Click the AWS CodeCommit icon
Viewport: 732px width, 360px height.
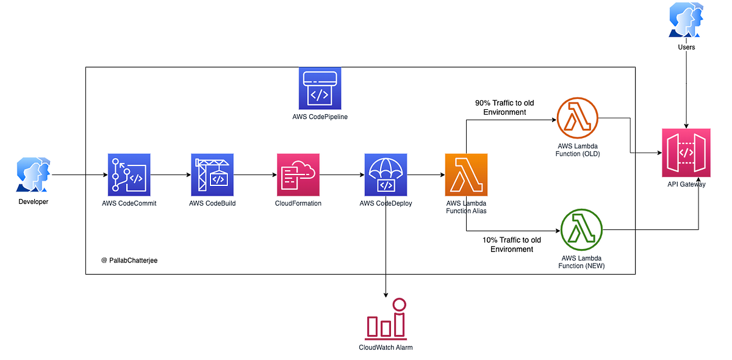coord(129,175)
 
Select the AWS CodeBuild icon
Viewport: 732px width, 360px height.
coord(212,175)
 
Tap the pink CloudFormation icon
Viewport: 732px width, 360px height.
coord(298,175)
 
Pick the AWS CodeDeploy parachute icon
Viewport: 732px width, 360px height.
coord(386,175)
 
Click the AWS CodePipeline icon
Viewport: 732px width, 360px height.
coord(320,88)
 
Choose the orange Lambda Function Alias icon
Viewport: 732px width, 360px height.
coord(466,175)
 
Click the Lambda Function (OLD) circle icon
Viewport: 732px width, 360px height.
coord(578,118)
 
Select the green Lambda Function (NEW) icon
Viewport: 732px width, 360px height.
coord(581,229)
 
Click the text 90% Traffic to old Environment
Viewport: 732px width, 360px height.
coord(504,108)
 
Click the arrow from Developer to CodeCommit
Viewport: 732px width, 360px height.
coord(79,175)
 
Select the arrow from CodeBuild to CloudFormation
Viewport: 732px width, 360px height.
coord(254,175)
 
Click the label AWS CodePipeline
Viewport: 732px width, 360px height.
coord(320,116)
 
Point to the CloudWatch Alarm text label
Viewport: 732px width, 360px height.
coord(386,347)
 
